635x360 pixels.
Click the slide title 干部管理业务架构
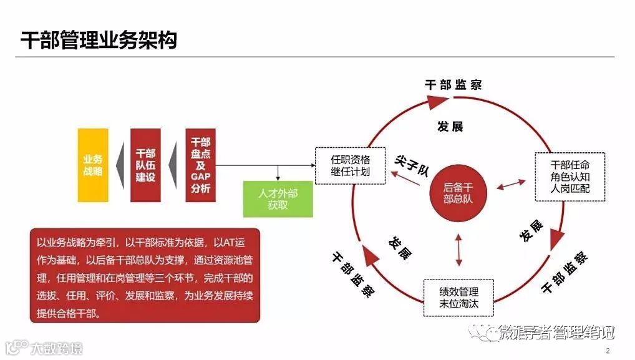pyautogui.click(x=99, y=40)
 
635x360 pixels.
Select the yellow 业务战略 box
pyautogui.click(x=93, y=165)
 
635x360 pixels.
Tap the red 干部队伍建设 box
pyautogui.click(x=146, y=165)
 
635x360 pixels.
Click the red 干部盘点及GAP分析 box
pyautogui.click(x=200, y=165)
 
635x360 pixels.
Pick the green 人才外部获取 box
pyautogui.click(x=278, y=199)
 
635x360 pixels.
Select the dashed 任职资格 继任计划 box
pyautogui.click(x=350, y=165)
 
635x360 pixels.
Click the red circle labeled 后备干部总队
pyautogui.click(x=458, y=193)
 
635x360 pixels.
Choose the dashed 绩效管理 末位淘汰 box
pyautogui.click(x=458, y=298)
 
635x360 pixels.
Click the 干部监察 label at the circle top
pyautogui.click(x=453, y=85)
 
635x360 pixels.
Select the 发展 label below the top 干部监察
pyautogui.click(x=450, y=127)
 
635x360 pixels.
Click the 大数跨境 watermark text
pyautogui.click(x=56, y=348)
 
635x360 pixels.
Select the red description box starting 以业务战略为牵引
pyautogui.click(x=145, y=275)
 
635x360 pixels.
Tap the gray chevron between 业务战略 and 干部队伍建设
pyautogui.click(x=120, y=165)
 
